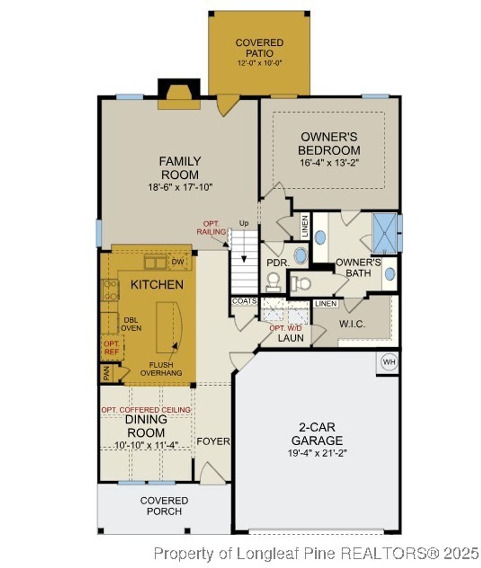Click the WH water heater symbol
coord(388,362)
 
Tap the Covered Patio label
coord(259,48)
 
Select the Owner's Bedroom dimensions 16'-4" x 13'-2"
coord(329,163)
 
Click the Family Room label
coord(180,168)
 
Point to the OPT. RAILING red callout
coord(211,228)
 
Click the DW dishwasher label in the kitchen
coord(178,262)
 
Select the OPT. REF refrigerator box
coord(111,347)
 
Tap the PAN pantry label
coord(107,374)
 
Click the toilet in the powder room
coord(272,283)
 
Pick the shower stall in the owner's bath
coord(384,232)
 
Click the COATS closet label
coord(244,301)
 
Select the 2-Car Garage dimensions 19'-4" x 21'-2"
coord(317,453)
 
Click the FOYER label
coord(213,442)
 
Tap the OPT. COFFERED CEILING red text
coord(146,410)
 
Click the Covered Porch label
coord(164,506)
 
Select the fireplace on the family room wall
coord(178,96)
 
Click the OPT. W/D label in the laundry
coord(287,328)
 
